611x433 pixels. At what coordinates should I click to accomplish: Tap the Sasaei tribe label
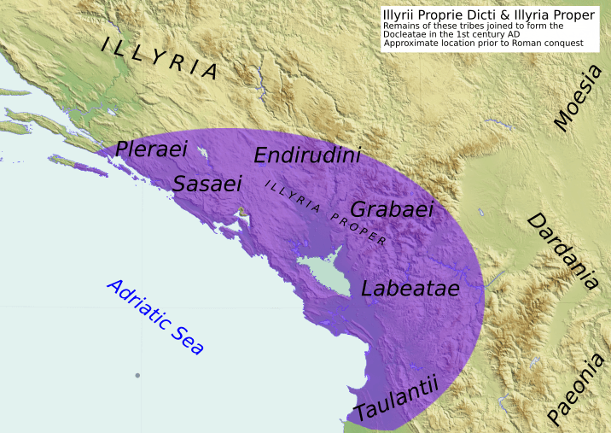pyautogui.click(x=207, y=183)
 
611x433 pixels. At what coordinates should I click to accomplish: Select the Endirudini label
pyautogui.click(x=307, y=155)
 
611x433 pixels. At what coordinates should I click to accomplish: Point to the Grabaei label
pyautogui.click(x=393, y=209)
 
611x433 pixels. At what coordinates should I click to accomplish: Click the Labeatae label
pyautogui.click(x=410, y=288)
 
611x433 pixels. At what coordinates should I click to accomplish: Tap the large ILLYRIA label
pyautogui.click(x=160, y=58)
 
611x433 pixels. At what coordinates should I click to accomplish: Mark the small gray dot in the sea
pyautogui.click(x=137, y=376)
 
